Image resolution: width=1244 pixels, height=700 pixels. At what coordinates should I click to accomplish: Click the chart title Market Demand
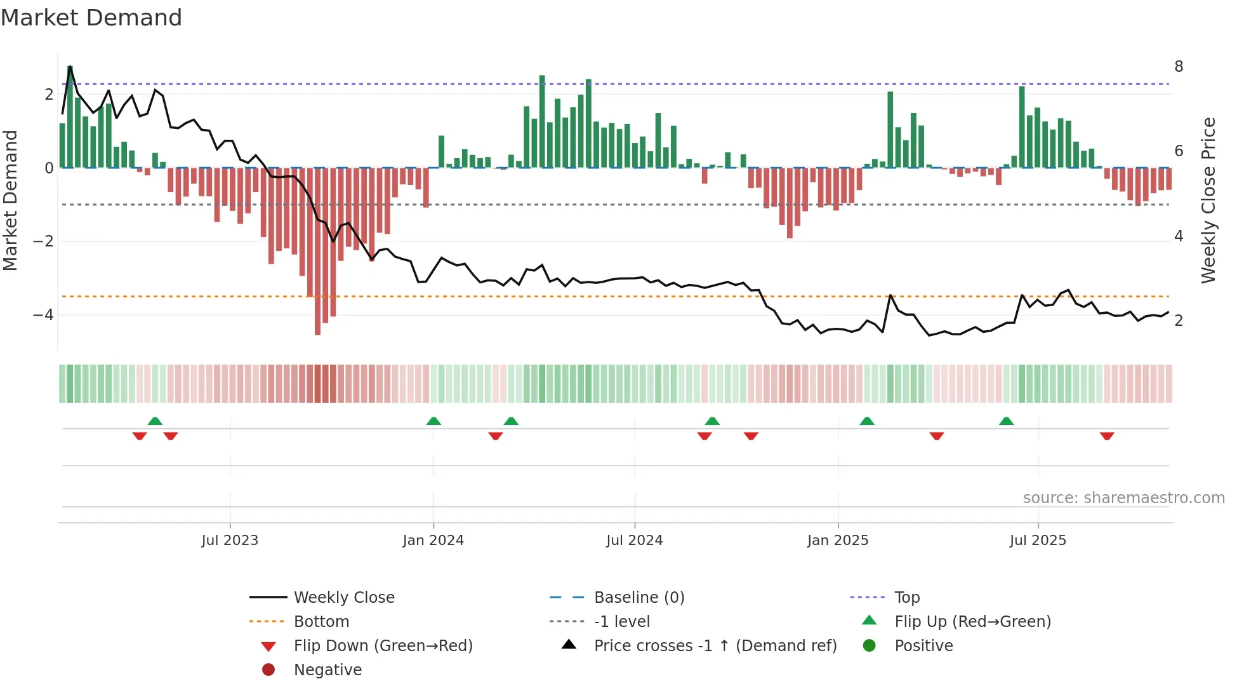pos(91,18)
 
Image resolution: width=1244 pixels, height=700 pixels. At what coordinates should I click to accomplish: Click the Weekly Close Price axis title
pos(1208,200)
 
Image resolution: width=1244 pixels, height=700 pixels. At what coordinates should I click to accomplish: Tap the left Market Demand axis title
pos(10,200)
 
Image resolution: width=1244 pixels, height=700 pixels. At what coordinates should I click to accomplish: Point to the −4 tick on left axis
pos(43,315)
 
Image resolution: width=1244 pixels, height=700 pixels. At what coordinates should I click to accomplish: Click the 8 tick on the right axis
pos(1179,67)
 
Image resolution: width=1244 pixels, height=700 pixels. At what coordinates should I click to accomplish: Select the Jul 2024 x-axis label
pos(634,541)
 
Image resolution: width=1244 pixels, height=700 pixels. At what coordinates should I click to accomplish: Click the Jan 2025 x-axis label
pos(837,541)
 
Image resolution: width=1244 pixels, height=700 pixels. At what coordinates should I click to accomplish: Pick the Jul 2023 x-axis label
pos(230,541)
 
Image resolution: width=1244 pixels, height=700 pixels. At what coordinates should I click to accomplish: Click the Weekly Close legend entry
pos(343,598)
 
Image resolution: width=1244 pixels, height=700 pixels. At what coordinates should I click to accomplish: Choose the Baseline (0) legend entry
pos(639,598)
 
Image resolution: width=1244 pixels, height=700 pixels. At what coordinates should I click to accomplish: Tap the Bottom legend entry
pos(321,622)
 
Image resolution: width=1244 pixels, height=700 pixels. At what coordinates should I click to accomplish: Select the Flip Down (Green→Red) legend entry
pos(383,646)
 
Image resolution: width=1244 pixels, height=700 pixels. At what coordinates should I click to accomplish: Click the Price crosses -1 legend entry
pos(715,646)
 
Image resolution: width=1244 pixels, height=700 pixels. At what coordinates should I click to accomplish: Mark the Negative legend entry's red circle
pos(268,670)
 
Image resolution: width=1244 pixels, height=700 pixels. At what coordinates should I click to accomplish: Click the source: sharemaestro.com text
pos(1123,498)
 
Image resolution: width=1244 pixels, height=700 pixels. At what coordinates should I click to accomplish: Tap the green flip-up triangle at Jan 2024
pos(433,421)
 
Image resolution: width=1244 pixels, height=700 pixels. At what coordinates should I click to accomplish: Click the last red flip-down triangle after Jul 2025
pos(1107,436)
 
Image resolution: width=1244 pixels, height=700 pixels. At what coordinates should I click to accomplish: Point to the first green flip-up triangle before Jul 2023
pos(155,421)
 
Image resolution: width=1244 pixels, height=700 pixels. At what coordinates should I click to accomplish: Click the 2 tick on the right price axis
pos(1179,321)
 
